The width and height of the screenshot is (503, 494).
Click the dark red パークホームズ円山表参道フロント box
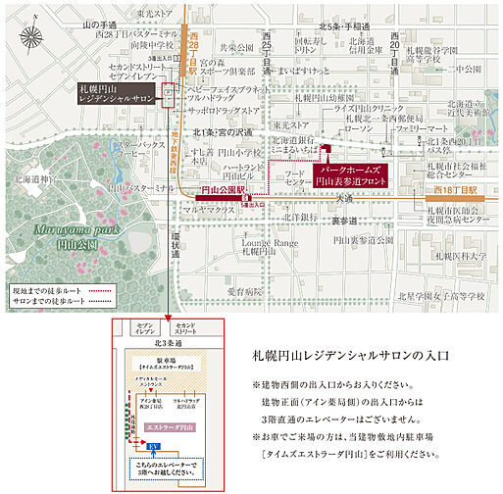(350, 174)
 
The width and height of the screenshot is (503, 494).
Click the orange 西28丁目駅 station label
(192, 47)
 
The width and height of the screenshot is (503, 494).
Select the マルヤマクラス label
(207, 209)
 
